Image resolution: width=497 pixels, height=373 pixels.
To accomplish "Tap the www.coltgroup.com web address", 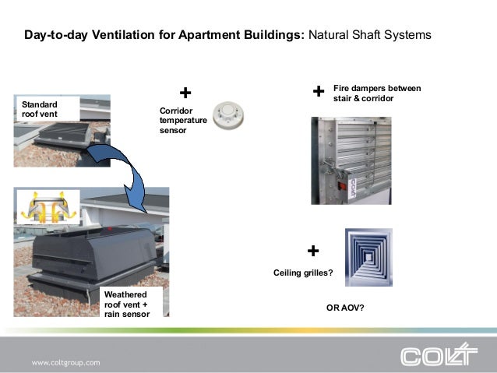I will (x=66, y=363).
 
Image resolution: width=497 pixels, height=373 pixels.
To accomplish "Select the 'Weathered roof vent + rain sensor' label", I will (x=127, y=303).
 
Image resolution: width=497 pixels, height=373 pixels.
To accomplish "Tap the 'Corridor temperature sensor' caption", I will (x=183, y=121).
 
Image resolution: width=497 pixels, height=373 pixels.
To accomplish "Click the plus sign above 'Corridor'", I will (x=185, y=94).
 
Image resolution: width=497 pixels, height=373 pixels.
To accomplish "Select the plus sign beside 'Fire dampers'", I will (x=318, y=93).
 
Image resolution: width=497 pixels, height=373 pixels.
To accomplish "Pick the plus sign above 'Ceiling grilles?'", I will (x=313, y=251).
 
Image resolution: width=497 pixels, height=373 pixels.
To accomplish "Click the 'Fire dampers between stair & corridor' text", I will (x=377, y=93).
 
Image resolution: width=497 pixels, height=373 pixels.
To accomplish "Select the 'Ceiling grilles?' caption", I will (x=303, y=273).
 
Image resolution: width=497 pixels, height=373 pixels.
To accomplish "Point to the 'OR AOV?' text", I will (x=345, y=308).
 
